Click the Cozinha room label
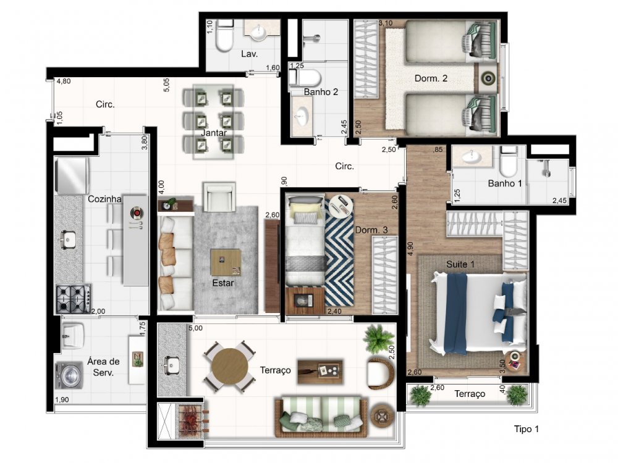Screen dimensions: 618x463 coord(104,199)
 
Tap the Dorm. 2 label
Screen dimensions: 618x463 coord(431,78)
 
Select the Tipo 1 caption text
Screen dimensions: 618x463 coord(526,429)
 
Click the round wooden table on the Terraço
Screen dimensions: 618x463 coord(230,367)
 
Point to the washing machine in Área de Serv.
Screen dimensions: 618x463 coord(69,374)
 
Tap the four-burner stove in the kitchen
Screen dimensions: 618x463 coord(74,299)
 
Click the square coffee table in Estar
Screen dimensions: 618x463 coord(226,262)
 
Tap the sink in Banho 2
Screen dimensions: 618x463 coord(302,116)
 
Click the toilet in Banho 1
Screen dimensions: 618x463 coord(508,161)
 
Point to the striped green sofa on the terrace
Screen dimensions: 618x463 coord(321,417)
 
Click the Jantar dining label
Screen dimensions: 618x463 coord(214,133)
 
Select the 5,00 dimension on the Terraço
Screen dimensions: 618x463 coord(195,328)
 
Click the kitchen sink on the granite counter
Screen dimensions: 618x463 coord(68,238)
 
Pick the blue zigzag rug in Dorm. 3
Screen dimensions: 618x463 coord(339,252)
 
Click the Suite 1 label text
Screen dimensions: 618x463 coord(460,264)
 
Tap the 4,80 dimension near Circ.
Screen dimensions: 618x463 coord(64,81)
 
